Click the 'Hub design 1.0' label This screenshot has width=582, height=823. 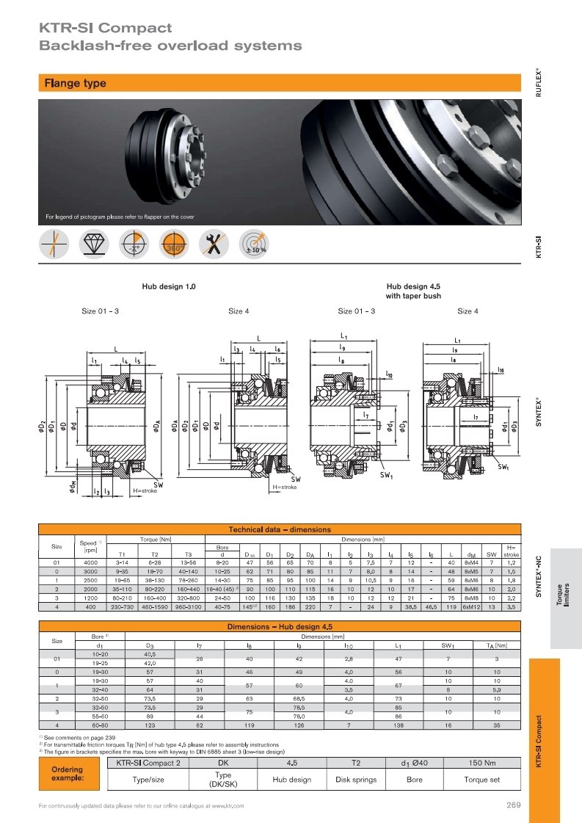coord(169,287)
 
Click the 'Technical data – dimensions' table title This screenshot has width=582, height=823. coord(280,529)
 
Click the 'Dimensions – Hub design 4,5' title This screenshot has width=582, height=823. coord(280,626)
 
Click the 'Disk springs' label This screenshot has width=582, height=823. coord(356,780)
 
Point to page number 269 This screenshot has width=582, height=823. coord(513,805)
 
